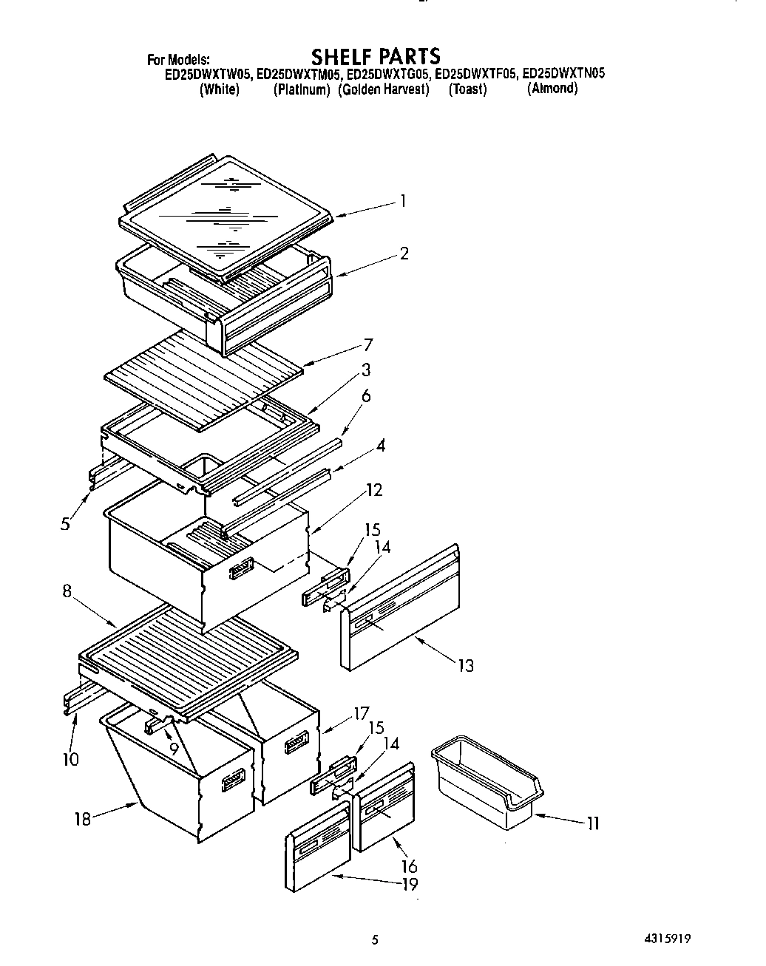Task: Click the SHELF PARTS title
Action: click(375, 56)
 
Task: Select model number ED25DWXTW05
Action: click(209, 74)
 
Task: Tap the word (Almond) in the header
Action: click(552, 89)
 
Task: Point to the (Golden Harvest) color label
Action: click(384, 89)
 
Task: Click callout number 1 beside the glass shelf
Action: click(403, 200)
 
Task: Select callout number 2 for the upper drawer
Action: click(404, 253)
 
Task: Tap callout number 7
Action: click(367, 344)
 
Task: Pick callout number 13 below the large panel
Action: click(465, 665)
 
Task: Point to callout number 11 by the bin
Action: click(593, 823)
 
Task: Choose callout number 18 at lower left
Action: click(83, 818)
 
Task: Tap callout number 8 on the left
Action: click(67, 591)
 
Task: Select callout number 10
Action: click(71, 759)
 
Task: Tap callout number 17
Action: click(361, 714)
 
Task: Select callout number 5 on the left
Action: click(66, 523)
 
